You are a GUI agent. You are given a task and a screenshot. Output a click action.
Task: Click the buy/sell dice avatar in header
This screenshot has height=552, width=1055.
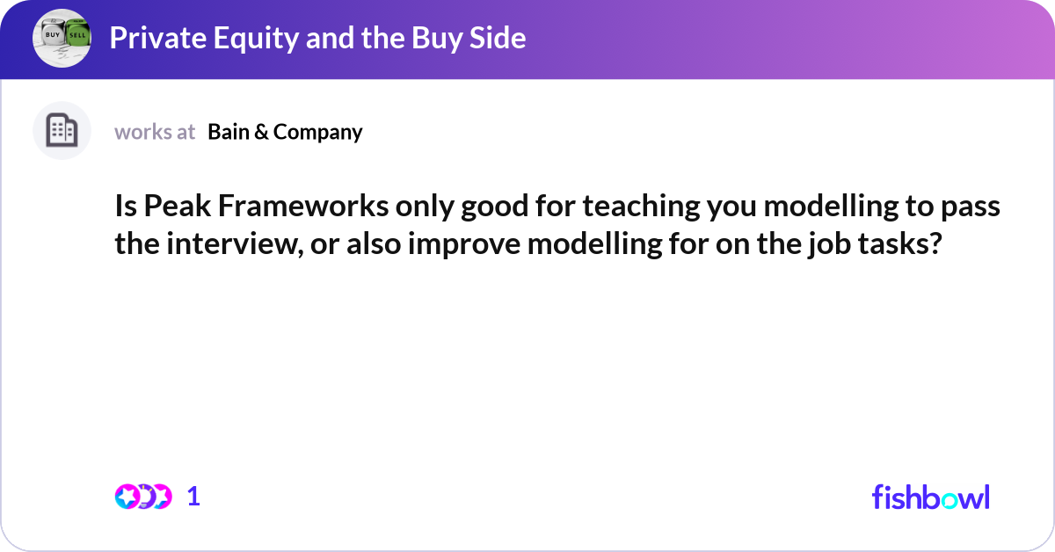[x=62, y=38]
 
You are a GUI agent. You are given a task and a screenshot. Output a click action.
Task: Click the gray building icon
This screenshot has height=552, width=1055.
[x=62, y=131]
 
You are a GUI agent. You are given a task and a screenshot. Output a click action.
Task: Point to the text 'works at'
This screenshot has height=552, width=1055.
[x=155, y=132]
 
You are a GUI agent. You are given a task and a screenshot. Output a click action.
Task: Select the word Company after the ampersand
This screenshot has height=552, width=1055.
[x=317, y=132]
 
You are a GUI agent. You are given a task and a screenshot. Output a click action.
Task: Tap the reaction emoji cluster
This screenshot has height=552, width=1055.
[x=143, y=497]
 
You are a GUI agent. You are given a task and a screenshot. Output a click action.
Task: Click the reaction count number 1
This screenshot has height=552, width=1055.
[x=194, y=497]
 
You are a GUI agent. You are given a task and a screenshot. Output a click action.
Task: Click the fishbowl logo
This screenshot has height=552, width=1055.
[x=930, y=497]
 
